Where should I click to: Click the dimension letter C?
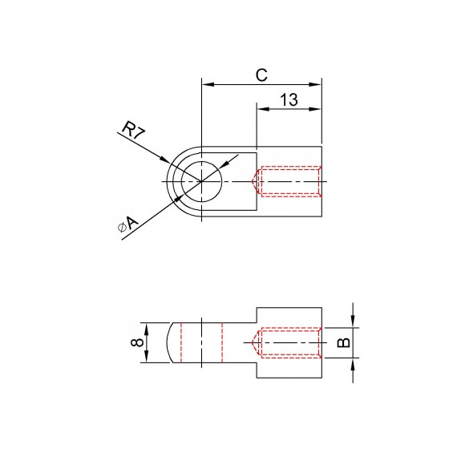[261, 75]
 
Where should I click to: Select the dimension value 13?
[289, 99]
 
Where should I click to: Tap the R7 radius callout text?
[133, 130]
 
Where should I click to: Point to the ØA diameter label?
[128, 224]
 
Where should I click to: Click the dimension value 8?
[137, 342]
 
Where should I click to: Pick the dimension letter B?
[344, 342]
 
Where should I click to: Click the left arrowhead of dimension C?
[208, 84]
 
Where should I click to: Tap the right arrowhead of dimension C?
[315, 84]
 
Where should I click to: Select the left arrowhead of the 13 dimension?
[263, 109]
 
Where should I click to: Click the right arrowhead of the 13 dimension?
[315, 109]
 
